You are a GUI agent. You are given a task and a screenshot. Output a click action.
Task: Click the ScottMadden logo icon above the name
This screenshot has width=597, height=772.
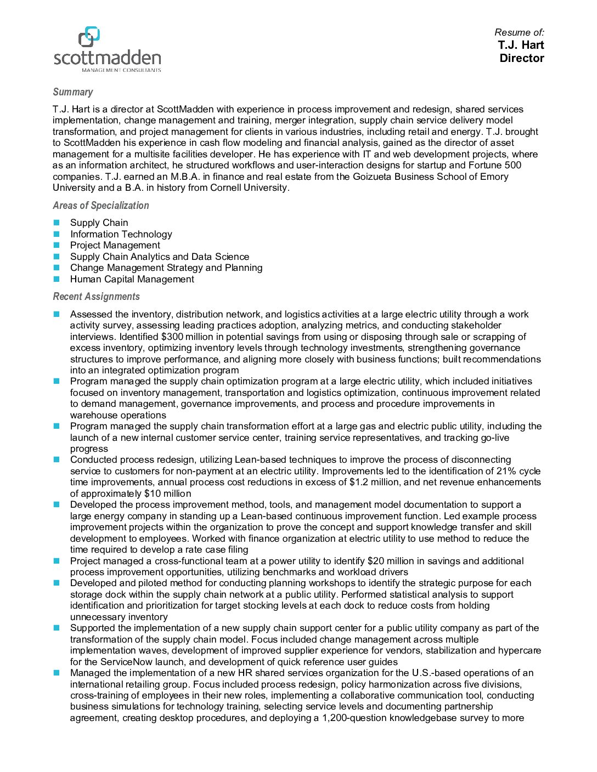pyautogui.click(x=89, y=36)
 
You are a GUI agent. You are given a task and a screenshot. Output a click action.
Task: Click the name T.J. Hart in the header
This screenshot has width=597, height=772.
pyautogui.click(x=521, y=45)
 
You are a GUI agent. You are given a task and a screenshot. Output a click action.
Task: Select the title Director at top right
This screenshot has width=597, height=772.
pyautogui.click(x=521, y=58)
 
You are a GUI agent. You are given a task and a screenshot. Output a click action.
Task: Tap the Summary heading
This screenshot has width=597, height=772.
pyautogui.click(x=72, y=92)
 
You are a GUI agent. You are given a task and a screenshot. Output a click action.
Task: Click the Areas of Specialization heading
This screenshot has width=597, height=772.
pyautogui.click(x=100, y=206)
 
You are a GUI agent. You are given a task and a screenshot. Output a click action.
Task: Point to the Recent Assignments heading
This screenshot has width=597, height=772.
pyautogui.click(x=96, y=297)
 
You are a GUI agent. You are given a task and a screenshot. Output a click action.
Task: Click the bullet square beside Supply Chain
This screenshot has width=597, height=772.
pyautogui.click(x=57, y=223)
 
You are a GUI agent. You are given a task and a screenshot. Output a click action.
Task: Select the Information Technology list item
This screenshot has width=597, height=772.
pyautogui.click(x=121, y=234)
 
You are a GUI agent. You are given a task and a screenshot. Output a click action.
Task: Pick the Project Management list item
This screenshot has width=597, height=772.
pyautogui.click(x=115, y=245)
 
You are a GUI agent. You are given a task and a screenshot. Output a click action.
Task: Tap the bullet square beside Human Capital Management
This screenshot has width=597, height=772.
pyautogui.click(x=57, y=279)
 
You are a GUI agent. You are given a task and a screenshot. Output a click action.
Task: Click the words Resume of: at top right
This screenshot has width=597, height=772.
pyautogui.click(x=519, y=32)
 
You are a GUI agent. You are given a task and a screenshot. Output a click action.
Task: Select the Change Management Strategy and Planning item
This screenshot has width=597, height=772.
pyautogui.click(x=166, y=268)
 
